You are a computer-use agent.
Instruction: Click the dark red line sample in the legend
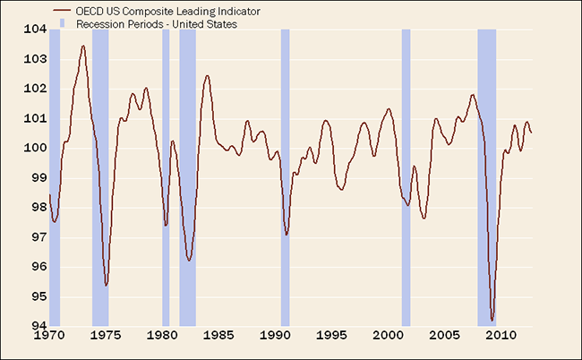(x=61, y=13)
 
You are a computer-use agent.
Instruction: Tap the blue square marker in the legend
(x=61, y=25)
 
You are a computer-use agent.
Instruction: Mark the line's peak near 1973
(x=83, y=46)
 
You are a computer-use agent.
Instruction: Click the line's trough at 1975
(x=107, y=285)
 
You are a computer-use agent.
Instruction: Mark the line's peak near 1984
(x=207, y=75)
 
